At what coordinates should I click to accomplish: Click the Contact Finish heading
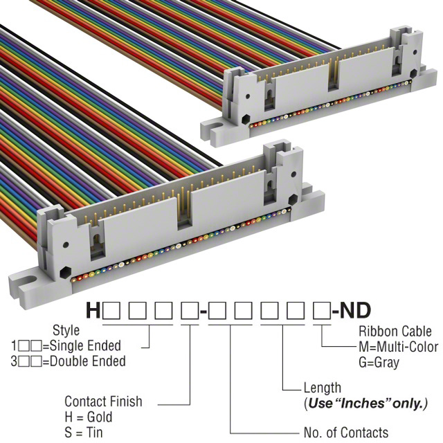pyautogui.click(x=103, y=401)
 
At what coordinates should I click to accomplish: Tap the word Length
pyautogui.click(x=322, y=388)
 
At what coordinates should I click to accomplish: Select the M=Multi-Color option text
pyautogui.click(x=397, y=346)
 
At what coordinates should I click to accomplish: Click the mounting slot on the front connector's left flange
pyautogui.click(x=25, y=284)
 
